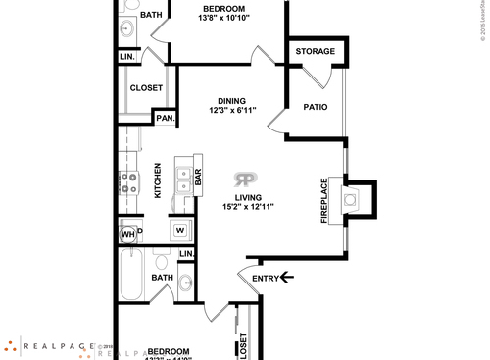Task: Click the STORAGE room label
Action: point(316,51)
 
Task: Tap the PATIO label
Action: point(315,107)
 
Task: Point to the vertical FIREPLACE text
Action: point(323,200)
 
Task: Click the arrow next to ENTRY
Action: point(287,278)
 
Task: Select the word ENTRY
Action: point(265,278)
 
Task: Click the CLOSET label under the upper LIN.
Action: point(146,87)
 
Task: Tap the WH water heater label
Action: point(127,234)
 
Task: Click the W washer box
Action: point(180,231)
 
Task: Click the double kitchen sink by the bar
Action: point(182,179)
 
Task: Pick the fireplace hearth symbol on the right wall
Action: point(351,199)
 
